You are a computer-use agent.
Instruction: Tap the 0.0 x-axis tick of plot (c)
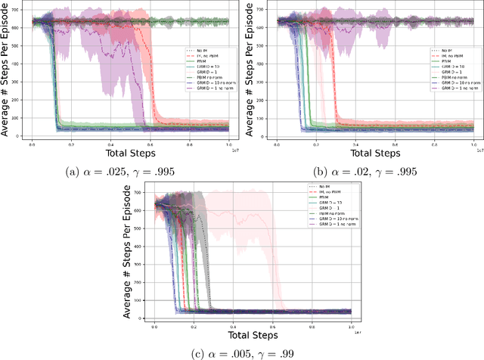tap(154, 323)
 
